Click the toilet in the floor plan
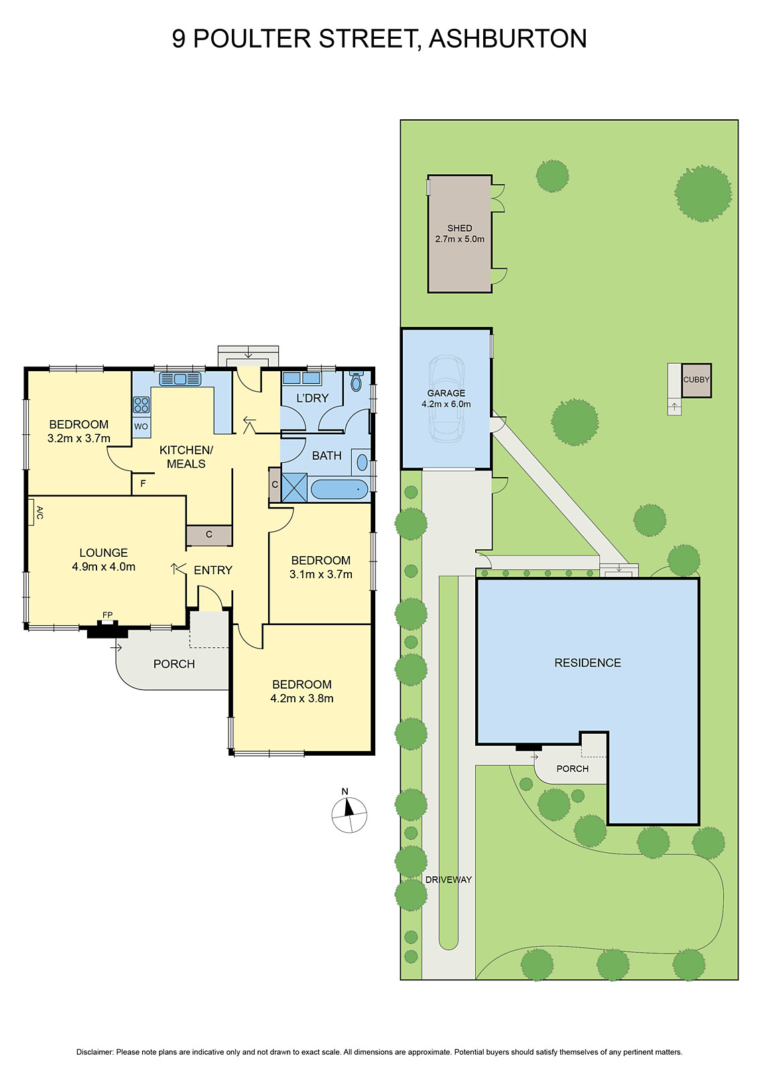(x=357, y=382)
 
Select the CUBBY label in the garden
(x=696, y=380)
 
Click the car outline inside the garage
(x=446, y=398)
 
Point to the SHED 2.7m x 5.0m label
(x=460, y=233)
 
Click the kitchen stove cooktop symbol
(x=141, y=405)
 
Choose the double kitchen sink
(x=180, y=379)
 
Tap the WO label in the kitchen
(x=141, y=427)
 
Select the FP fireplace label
(x=107, y=615)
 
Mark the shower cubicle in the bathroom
(x=294, y=488)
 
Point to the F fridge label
(x=143, y=483)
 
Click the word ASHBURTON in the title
(x=507, y=39)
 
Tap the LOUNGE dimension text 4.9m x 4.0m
(x=104, y=567)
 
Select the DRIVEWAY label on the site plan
(x=448, y=880)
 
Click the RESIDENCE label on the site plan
(x=587, y=663)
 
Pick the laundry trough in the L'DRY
(x=292, y=379)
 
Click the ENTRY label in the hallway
(x=213, y=570)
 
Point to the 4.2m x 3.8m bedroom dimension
(x=302, y=698)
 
